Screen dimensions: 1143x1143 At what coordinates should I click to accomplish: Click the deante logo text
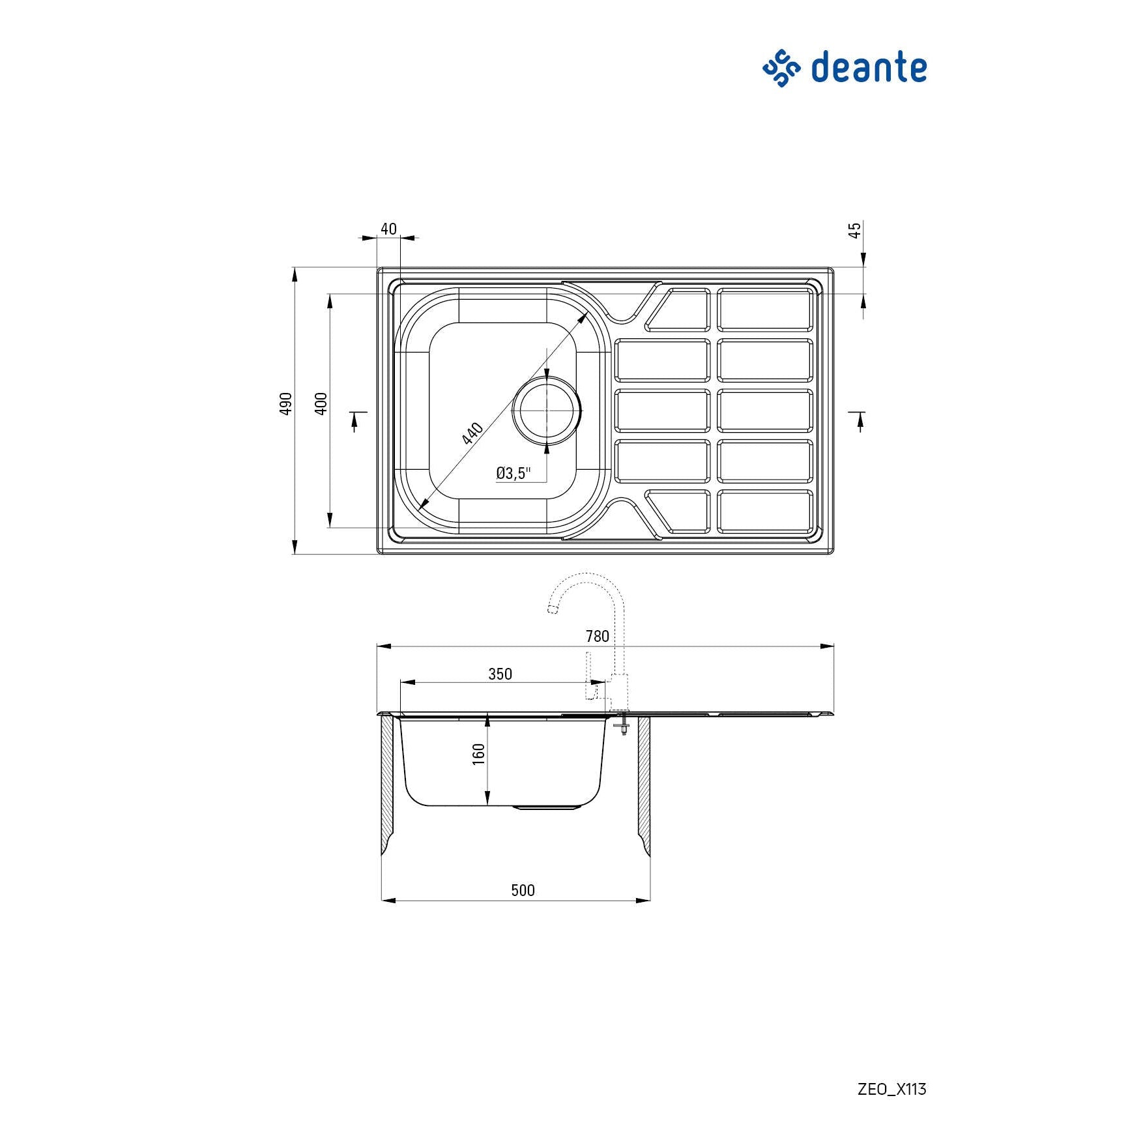[x=869, y=68]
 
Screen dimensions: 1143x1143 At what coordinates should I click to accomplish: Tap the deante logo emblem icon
[x=781, y=68]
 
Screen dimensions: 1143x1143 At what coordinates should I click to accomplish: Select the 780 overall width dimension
[x=597, y=636]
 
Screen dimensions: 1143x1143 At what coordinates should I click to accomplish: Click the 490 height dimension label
[x=285, y=404]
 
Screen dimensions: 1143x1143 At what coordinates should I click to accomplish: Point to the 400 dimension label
[x=321, y=404]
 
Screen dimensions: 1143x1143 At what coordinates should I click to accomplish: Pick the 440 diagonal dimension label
[x=472, y=433]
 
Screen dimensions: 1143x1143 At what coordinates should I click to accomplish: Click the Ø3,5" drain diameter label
[x=514, y=473]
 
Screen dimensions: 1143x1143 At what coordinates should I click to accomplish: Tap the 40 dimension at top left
[x=388, y=229]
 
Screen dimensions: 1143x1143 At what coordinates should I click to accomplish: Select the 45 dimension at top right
[x=855, y=230]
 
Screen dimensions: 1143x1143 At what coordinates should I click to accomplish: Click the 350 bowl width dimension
[x=500, y=674]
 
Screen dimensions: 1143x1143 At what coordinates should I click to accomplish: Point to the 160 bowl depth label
[x=479, y=754]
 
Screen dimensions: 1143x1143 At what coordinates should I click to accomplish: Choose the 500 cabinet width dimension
[x=523, y=890]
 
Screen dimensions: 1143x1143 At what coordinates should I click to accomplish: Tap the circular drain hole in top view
[x=547, y=411]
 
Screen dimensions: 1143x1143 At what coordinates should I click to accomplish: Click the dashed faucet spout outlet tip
[x=553, y=610]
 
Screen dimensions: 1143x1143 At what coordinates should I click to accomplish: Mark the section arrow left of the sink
[x=356, y=420]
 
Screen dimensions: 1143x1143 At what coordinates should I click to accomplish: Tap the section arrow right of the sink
[x=859, y=420]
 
